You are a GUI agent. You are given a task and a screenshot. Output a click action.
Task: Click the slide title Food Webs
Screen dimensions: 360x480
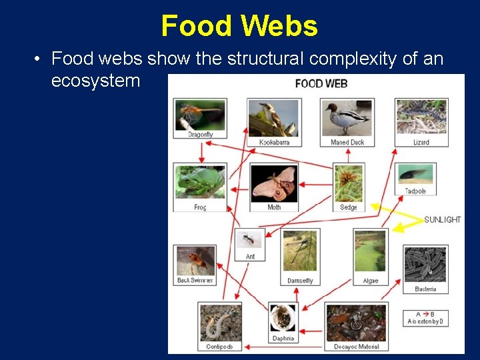(x=239, y=26)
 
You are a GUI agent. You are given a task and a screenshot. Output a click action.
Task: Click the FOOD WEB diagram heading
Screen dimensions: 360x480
(x=321, y=83)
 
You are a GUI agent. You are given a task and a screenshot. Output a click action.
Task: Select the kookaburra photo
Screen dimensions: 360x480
(x=274, y=118)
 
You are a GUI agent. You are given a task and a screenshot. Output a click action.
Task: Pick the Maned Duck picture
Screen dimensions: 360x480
(x=347, y=118)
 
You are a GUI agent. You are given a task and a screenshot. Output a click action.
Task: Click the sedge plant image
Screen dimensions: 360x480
(x=349, y=183)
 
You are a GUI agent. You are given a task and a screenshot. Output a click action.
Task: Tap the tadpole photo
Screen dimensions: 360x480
(x=415, y=175)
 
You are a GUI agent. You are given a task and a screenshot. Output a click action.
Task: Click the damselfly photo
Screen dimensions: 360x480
(x=300, y=251)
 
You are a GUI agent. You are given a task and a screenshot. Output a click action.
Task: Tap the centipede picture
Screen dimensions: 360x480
(x=220, y=323)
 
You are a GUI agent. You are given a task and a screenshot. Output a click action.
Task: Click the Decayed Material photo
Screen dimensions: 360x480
(x=357, y=323)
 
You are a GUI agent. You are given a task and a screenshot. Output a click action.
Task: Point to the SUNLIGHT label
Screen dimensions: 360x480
(x=442, y=219)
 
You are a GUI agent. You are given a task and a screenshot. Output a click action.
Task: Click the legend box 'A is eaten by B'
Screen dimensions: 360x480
(x=425, y=318)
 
